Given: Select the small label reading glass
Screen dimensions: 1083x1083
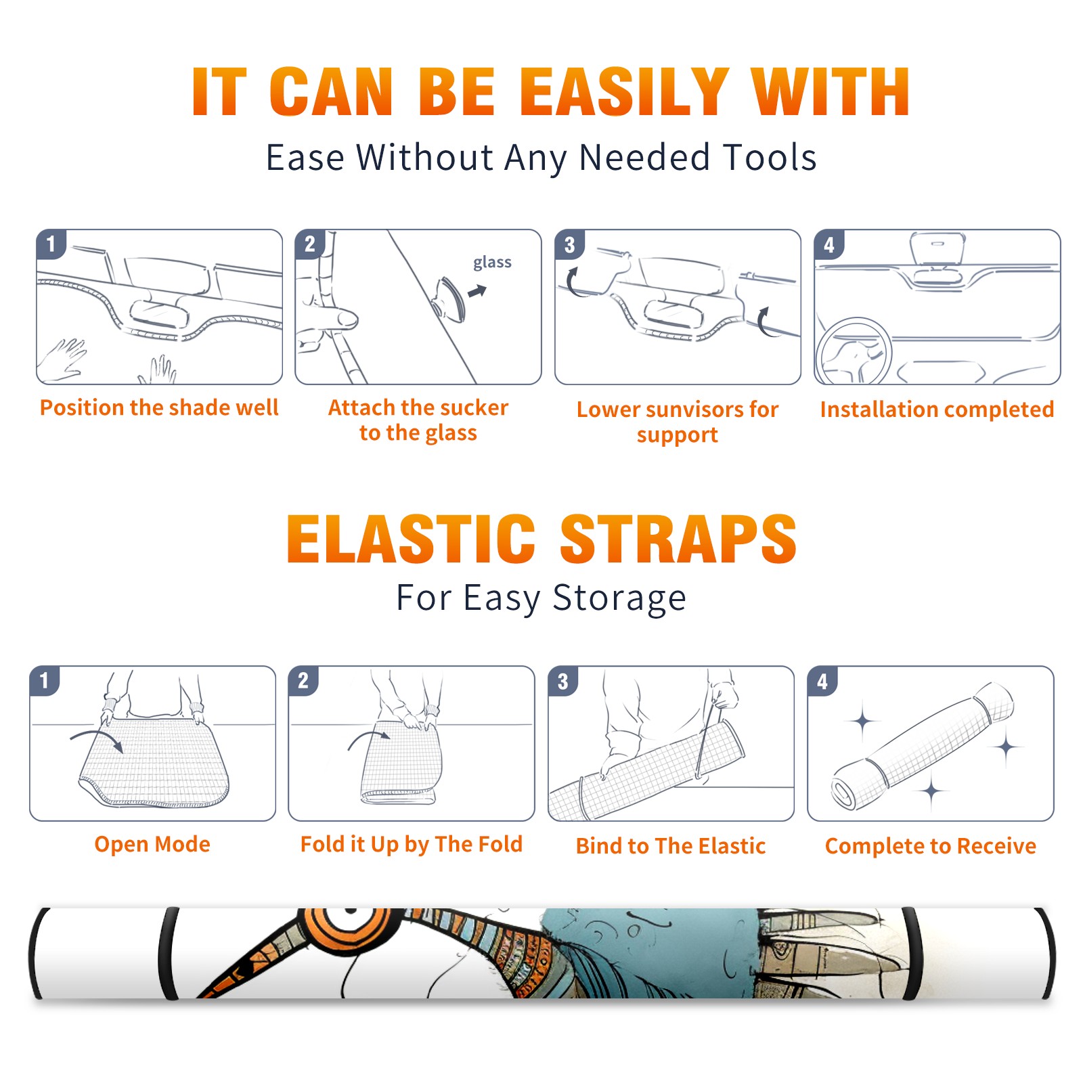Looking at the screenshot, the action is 492,262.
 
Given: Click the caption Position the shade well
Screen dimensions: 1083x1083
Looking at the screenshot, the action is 159,407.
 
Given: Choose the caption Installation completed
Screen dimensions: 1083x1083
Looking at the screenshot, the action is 937,410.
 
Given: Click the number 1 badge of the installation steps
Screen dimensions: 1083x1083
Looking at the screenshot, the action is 51,244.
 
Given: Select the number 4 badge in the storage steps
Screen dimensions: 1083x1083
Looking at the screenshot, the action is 822,681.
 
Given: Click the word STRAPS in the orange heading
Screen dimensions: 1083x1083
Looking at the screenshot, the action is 678,539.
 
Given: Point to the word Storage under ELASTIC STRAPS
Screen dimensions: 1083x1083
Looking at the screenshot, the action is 619,598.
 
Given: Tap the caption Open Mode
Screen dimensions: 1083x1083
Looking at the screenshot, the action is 152,844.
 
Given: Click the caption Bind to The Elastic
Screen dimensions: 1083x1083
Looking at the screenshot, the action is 671,846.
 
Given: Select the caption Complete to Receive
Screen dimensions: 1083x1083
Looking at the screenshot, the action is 931,846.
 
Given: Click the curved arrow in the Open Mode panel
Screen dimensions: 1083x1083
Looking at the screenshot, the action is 96,738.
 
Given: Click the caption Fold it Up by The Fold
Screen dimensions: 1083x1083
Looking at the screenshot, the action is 412,845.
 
